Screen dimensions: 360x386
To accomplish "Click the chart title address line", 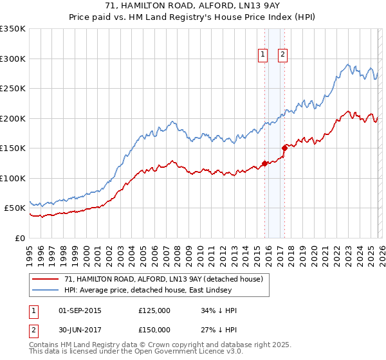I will pyautogui.click(x=193, y=5).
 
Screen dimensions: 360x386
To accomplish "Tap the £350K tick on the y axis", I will pyautogui.click(x=13, y=29).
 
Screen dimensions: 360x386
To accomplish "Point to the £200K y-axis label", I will pyautogui.click(x=13, y=118).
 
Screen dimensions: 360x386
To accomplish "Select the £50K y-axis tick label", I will pyautogui.click(x=15, y=208).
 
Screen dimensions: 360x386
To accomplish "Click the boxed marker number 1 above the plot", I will pyautogui.click(x=264, y=55).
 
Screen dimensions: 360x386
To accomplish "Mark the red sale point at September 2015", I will pyautogui.click(x=264, y=163).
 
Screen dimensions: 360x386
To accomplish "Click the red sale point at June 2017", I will pyautogui.click(x=284, y=148).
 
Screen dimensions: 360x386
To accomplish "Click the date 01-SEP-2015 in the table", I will pyautogui.click(x=80, y=310).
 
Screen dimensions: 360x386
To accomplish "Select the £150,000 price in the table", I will pyautogui.click(x=154, y=330).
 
